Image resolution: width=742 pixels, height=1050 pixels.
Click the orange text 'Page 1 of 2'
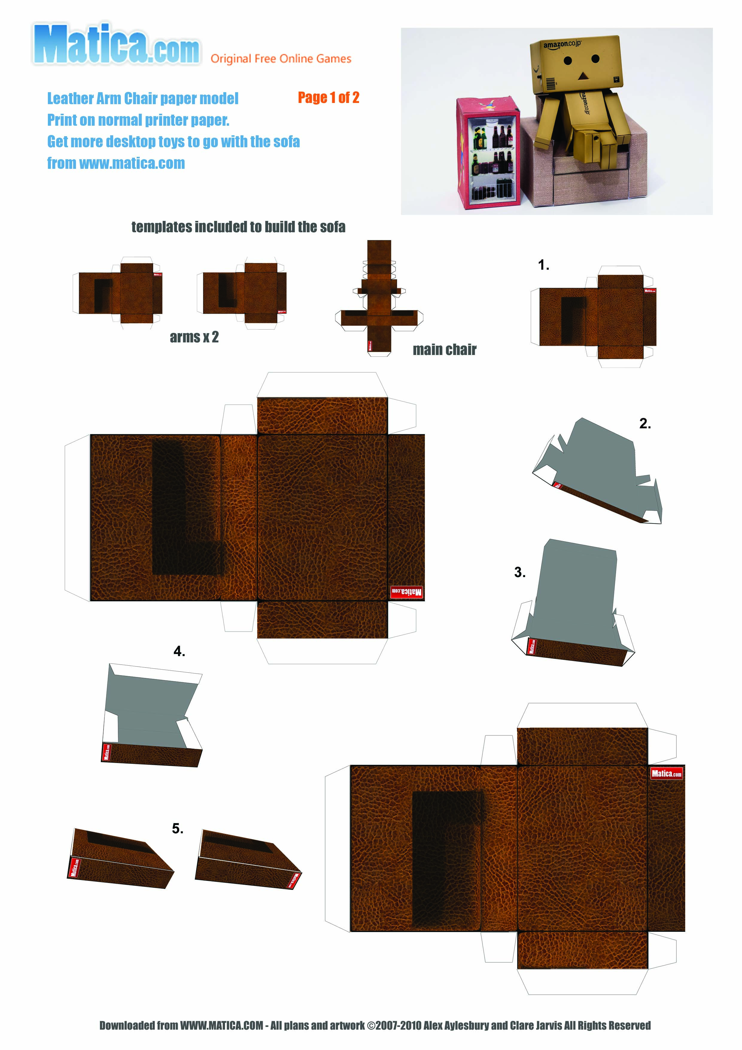[x=328, y=97]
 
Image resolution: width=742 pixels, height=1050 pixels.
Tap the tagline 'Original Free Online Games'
[x=281, y=59]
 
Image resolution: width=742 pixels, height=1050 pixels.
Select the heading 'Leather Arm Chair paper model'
[x=143, y=98]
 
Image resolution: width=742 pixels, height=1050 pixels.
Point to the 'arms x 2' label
[x=194, y=337]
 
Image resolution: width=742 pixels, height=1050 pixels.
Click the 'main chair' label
[x=444, y=350]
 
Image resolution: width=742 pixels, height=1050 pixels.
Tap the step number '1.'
[x=543, y=265]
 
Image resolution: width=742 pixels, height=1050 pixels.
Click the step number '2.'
[x=645, y=424]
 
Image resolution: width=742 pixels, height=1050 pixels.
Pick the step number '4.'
[x=179, y=651]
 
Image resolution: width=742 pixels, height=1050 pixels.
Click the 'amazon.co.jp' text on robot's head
[x=562, y=44]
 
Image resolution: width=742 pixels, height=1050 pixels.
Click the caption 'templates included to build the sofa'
[x=238, y=227]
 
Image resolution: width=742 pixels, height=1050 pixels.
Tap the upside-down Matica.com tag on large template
[x=406, y=592]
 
